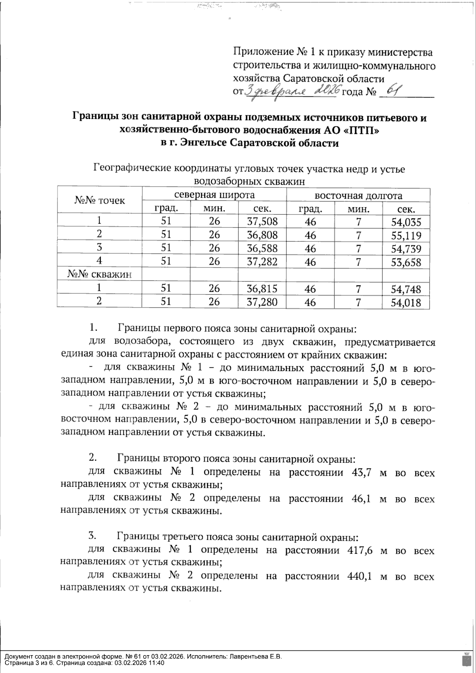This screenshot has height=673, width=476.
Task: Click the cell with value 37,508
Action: [x=262, y=221]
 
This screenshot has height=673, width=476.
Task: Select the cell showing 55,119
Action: [x=405, y=236]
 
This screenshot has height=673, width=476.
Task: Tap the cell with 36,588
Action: [x=262, y=249]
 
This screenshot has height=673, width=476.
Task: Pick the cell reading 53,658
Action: [x=405, y=262]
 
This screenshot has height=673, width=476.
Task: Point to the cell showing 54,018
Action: [x=405, y=303]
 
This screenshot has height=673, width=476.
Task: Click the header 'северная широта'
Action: [x=215, y=195]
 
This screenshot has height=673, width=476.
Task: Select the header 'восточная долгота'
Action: [x=358, y=195]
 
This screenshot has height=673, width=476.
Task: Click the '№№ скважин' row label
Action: [x=99, y=274]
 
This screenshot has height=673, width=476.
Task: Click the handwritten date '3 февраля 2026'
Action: [x=292, y=92]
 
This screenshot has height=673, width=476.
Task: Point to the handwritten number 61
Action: [x=393, y=91]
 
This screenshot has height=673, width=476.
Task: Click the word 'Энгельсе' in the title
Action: [x=203, y=143]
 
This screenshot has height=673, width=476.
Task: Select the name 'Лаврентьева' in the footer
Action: [x=249, y=656]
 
